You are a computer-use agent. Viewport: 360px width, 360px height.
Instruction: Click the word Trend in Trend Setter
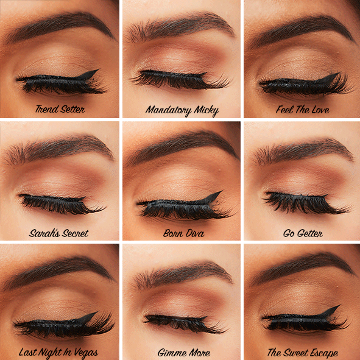click(47, 110)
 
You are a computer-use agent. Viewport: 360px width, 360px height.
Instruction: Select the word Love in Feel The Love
click(319, 110)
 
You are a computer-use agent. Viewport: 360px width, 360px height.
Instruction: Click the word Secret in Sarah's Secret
click(73, 233)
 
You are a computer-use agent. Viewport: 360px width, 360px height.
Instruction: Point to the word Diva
click(192, 233)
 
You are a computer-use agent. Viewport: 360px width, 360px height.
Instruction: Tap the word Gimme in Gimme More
click(170, 353)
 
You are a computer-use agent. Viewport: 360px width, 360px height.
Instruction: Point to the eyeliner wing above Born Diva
click(213, 196)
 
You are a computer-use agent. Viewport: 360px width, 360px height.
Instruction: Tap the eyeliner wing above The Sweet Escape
click(332, 311)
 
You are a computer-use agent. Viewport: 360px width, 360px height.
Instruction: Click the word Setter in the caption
click(72, 110)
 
